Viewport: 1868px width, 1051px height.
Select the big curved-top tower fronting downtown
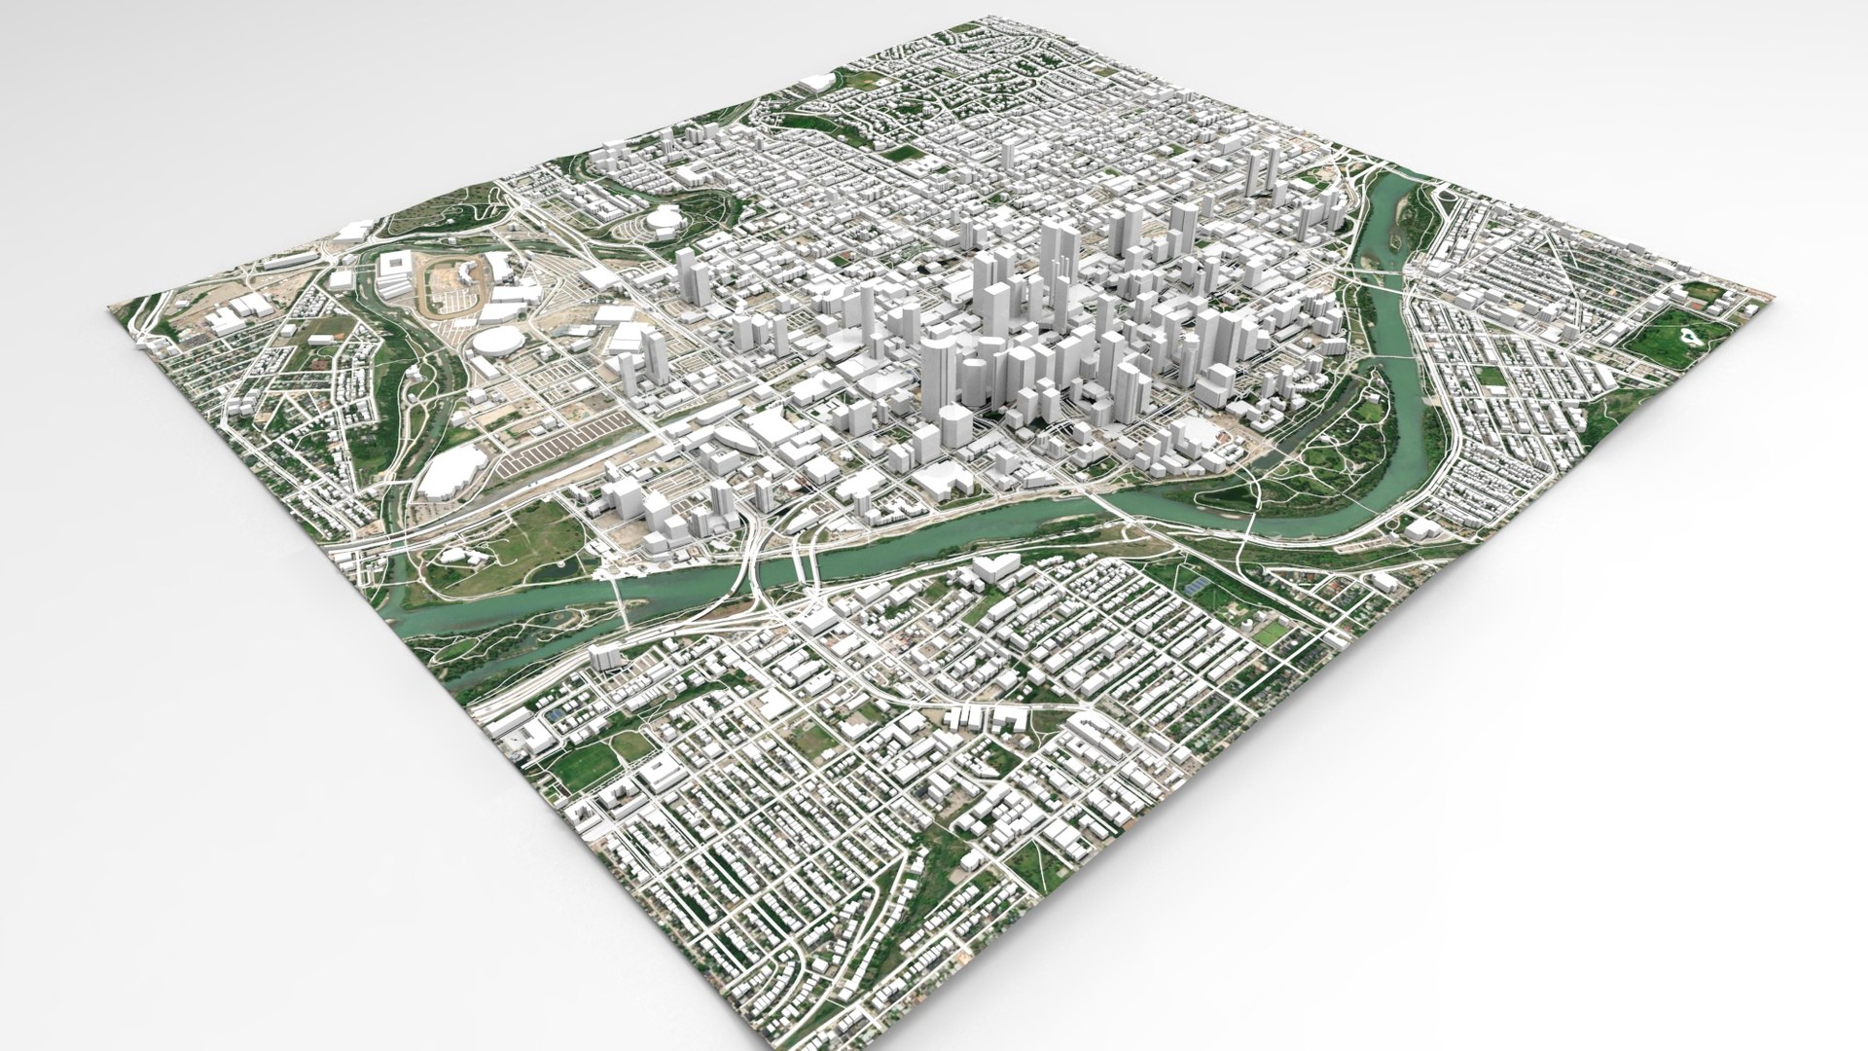[940, 384]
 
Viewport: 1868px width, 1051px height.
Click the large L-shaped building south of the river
[993, 568]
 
